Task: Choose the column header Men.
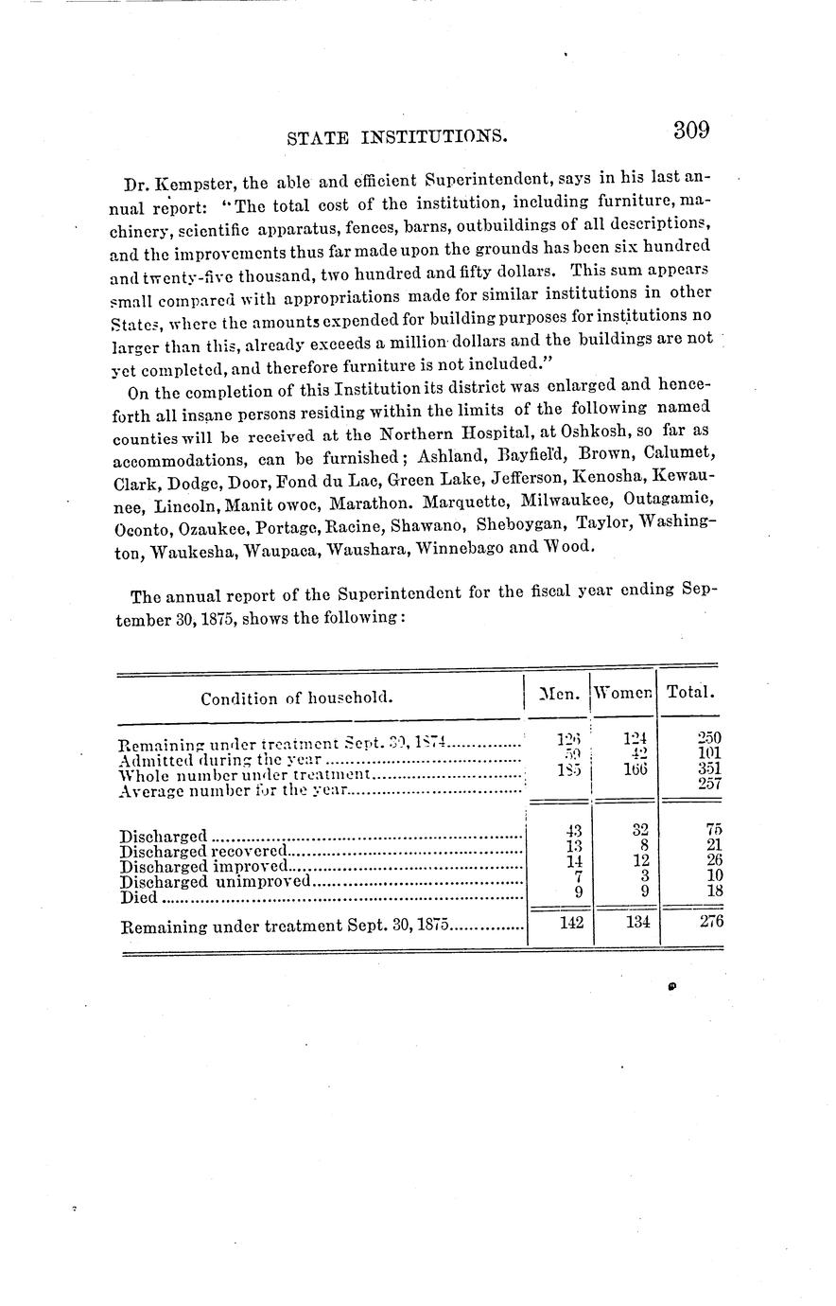pyautogui.click(x=557, y=694)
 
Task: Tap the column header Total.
pyautogui.click(x=690, y=692)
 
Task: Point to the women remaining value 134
pyautogui.click(x=637, y=923)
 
